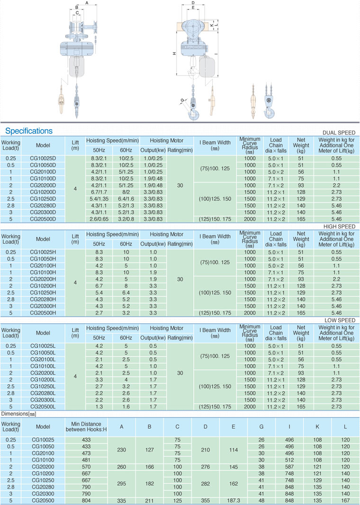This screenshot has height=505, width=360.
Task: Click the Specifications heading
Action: pos(29,131)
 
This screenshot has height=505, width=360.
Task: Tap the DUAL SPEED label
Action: pos(340,133)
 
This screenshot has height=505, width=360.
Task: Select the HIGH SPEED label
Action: pos(340,227)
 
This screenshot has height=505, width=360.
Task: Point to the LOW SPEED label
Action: pos(341,320)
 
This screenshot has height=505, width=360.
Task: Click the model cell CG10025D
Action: pos(43,158)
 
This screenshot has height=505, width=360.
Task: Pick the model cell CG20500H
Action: pos(43,313)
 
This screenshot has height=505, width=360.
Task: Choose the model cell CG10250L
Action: pos(43,387)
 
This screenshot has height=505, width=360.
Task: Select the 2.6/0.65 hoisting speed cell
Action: pos(99,219)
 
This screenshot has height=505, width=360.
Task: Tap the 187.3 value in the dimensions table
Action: pos(233,500)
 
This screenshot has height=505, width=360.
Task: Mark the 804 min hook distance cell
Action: pos(86,500)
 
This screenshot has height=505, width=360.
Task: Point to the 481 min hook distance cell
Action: pos(86,460)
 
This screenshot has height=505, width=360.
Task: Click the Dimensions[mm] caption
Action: pos(18,414)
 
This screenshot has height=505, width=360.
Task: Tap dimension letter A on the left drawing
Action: pos(87,3)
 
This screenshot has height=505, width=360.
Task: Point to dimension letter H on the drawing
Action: pos(174,53)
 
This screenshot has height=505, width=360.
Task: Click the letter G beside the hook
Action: pos(182,100)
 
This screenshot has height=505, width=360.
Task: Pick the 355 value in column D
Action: pos(205,500)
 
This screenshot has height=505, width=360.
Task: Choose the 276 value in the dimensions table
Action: pos(205,466)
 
